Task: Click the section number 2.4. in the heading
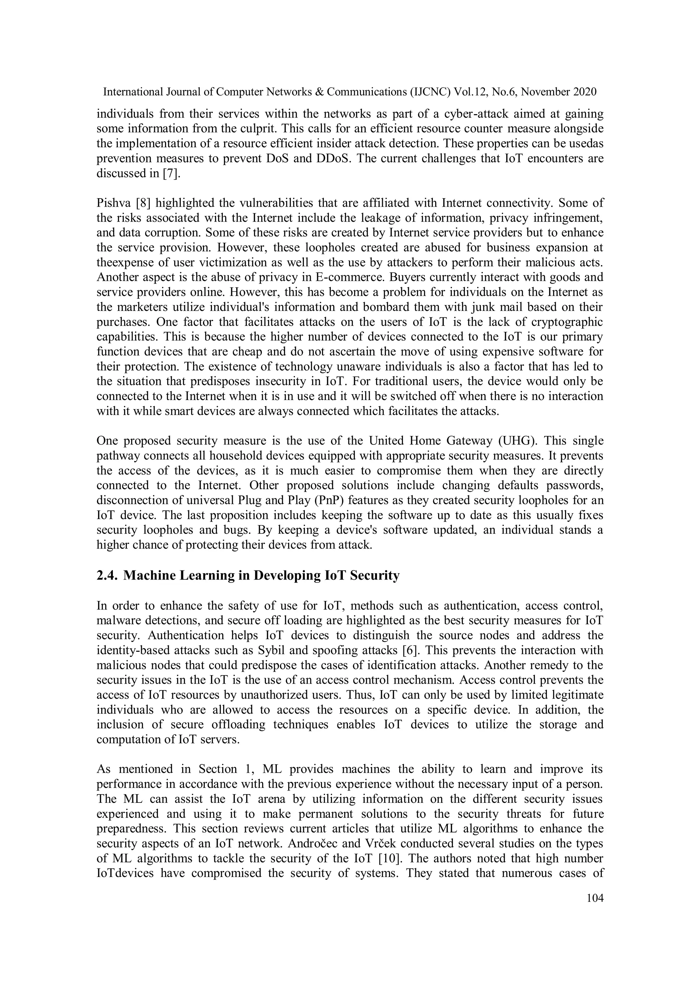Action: coord(107,576)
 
